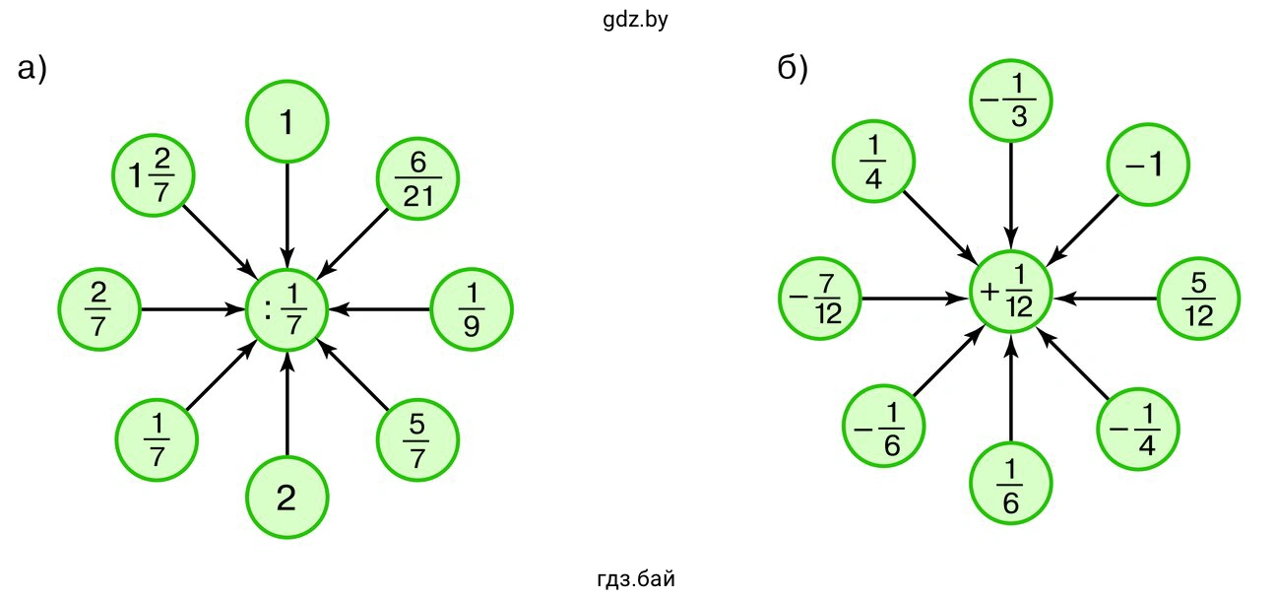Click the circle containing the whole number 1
coord(287,121)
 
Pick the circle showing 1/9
coord(473,309)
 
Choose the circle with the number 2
coord(287,499)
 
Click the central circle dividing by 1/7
coord(287,309)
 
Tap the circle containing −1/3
coord(1011,101)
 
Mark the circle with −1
coord(1148,165)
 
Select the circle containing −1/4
coord(1138,431)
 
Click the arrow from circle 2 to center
coord(287,409)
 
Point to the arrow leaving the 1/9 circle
coord(384,309)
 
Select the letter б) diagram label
coord(793,69)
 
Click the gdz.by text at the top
coord(636,20)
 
